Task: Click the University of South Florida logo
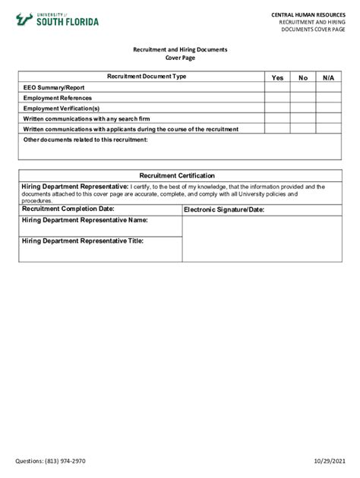[58, 20]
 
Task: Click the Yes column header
[277, 77]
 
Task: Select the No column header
[303, 77]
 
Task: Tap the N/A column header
[327, 77]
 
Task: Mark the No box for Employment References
[303, 98]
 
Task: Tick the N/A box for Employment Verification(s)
[327, 108]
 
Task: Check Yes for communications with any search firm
[277, 118]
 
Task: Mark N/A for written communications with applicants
[327, 129]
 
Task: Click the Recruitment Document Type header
[147, 77]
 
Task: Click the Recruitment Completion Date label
[68, 209]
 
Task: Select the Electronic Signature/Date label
[223, 209]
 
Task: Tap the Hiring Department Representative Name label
[84, 220]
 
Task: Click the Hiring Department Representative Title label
[83, 241]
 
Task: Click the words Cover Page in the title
[180, 58]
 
